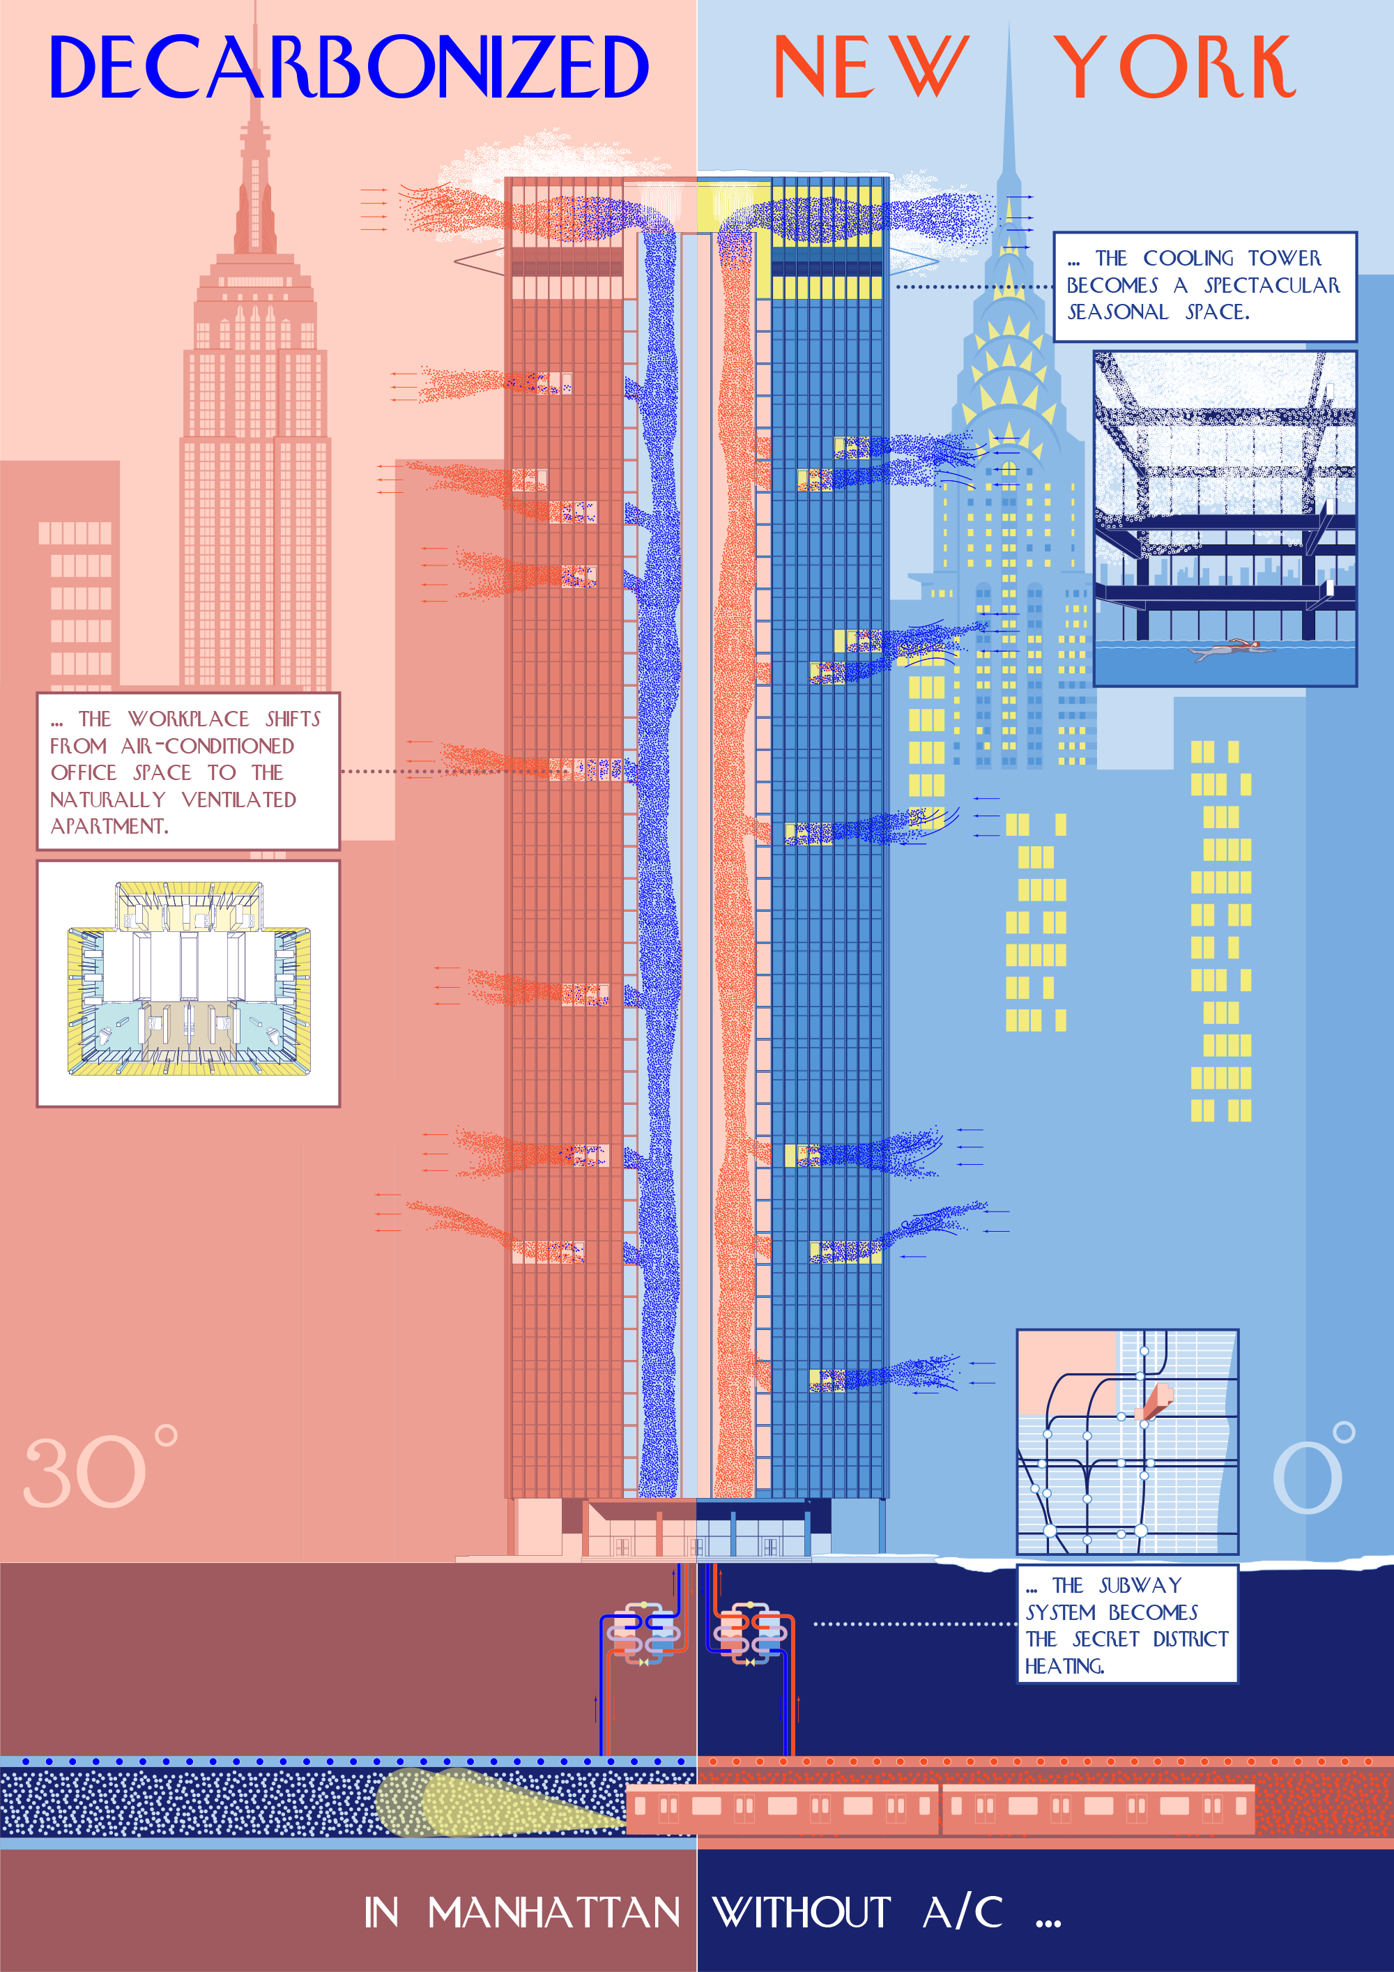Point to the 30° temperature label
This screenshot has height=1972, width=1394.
[100, 1470]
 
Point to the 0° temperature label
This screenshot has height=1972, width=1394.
[1312, 1470]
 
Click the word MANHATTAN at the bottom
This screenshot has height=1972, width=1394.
[554, 1912]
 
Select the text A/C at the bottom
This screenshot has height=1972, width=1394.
[963, 1912]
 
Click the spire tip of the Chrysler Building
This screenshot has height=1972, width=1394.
[1009, 34]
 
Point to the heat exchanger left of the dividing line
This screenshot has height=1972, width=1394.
[643, 1632]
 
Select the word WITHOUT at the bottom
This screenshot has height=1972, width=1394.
[802, 1912]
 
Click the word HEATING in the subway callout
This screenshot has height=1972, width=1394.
[1064, 1666]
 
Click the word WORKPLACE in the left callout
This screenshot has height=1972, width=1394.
[188, 719]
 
